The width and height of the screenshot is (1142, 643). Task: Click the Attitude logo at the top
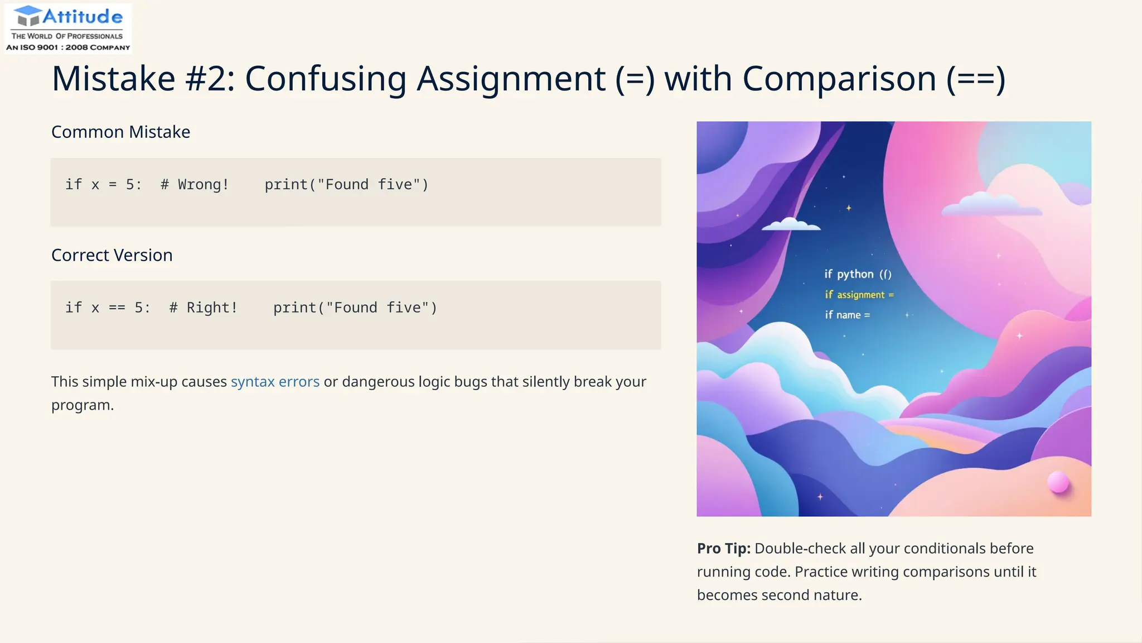tap(68, 28)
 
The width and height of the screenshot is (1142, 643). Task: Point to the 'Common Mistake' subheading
tap(120, 132)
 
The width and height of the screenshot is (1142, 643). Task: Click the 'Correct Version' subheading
tap(112, 255)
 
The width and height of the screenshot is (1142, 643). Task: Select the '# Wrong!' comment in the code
tap(195, 185)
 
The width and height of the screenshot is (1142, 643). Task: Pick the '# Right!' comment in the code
tap(204, 308)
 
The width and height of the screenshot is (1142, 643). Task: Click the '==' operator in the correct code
tap(117, 308)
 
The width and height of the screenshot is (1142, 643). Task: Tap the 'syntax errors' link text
tap(275, 382)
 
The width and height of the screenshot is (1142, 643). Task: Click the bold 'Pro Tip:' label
tap(724, 548)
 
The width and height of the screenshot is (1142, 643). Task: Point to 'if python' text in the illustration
tap(849, 274)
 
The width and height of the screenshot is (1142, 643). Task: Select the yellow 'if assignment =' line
tap(859, 295)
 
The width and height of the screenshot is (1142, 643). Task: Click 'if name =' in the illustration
tap(848, 315)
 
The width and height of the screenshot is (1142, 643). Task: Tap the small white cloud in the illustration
tap(791, 224)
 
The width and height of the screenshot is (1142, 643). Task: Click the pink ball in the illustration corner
tap(1058, 482)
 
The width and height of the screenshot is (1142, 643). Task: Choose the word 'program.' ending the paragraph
tap(83, 405)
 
